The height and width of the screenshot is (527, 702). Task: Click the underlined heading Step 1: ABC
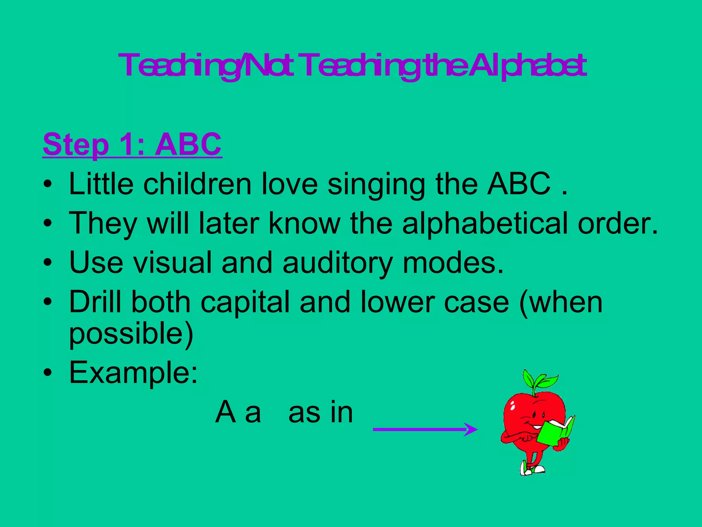click(132, 144)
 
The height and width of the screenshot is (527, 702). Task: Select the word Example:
click(133, 373)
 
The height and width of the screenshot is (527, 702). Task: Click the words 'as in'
click(320, 413)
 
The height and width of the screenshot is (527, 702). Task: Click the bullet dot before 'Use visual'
click(48, 263)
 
